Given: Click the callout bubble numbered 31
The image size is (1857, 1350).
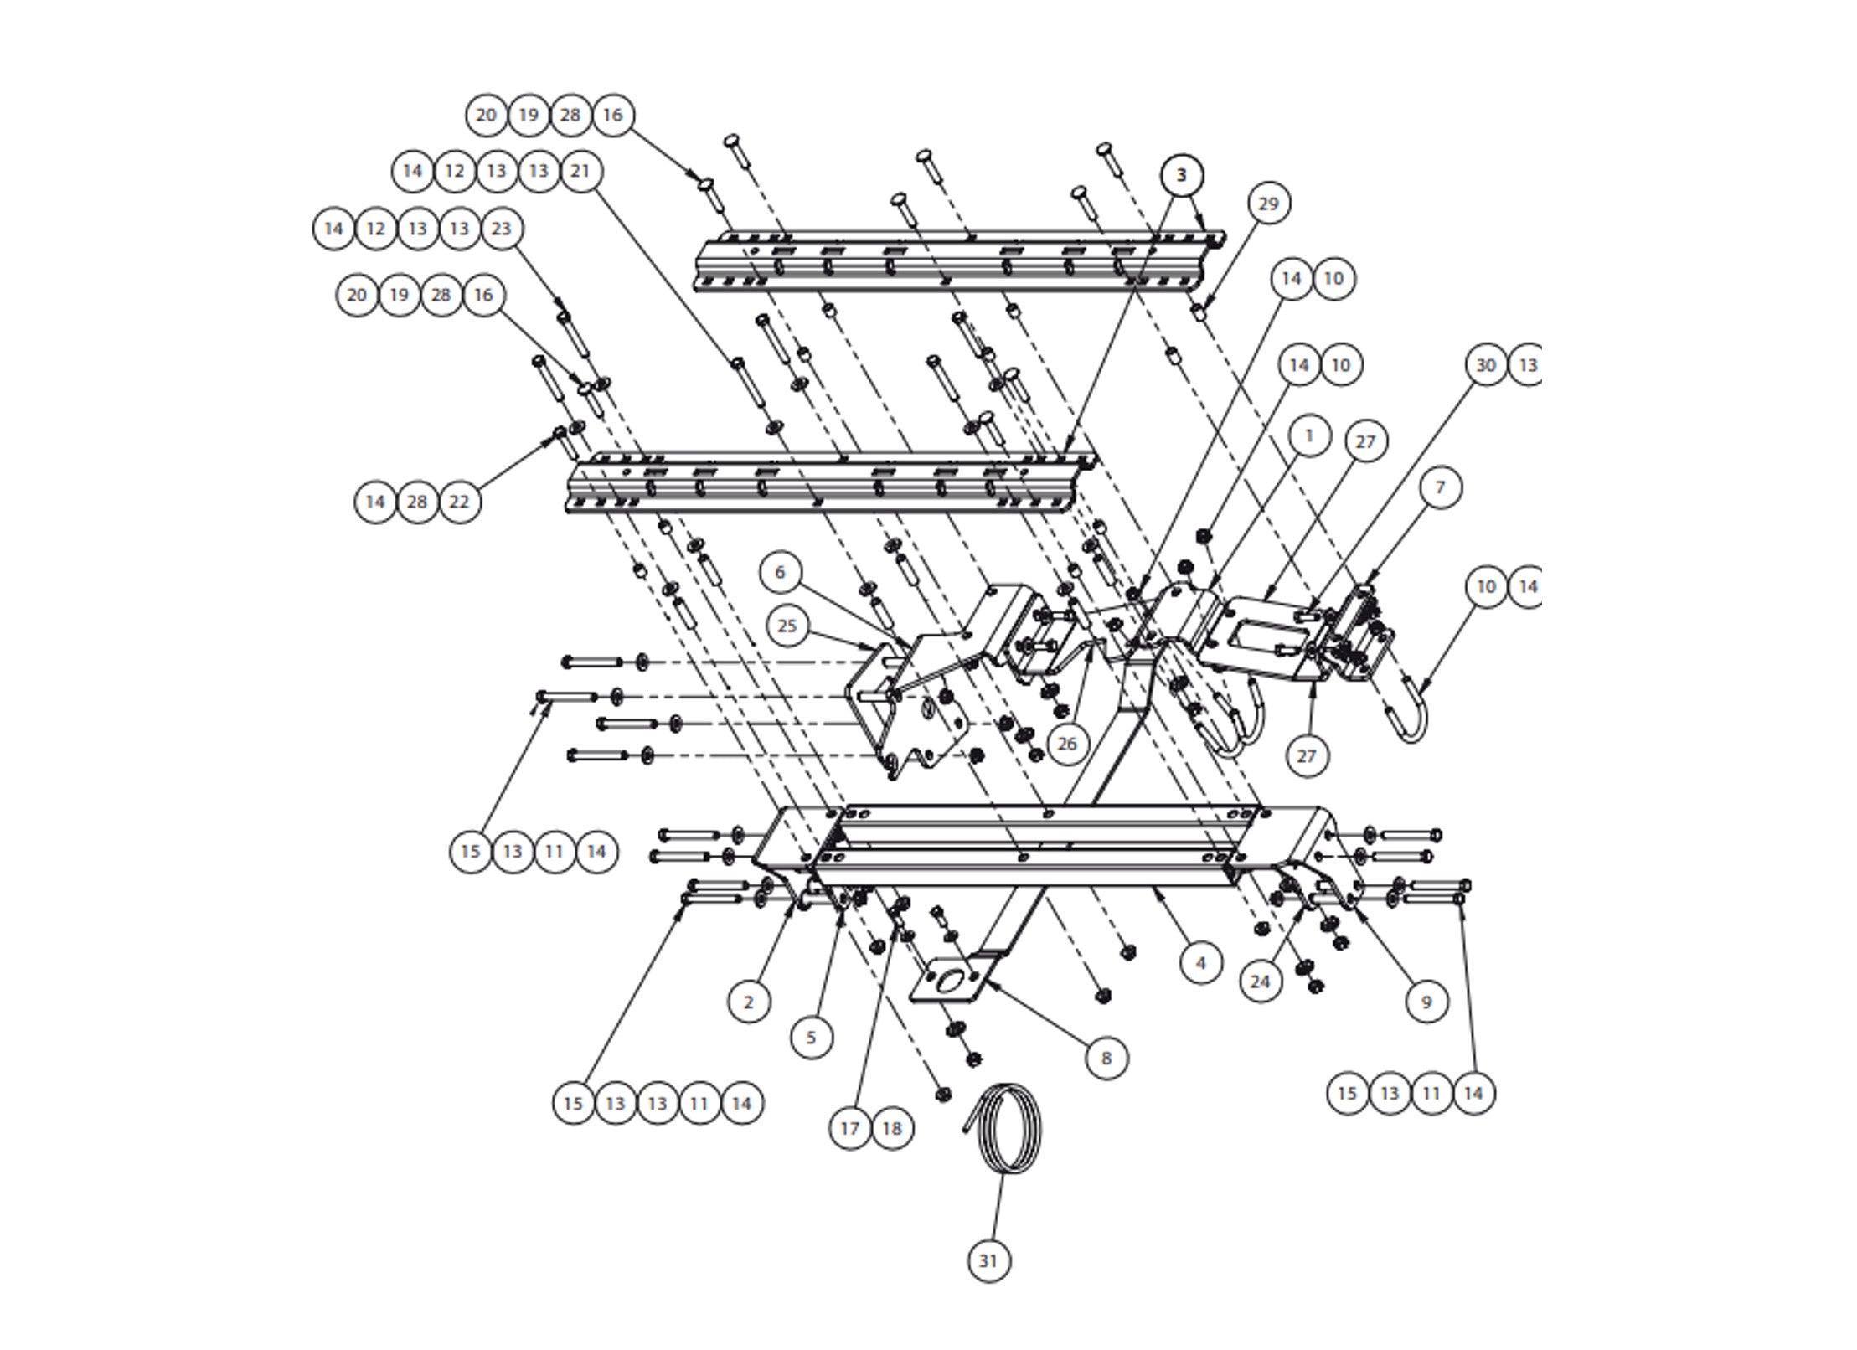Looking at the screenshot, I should click(988, 1284).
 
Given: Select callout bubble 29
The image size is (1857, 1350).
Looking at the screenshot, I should click(1268, 204).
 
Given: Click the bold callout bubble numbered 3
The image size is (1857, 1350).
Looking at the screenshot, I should click(1182, 175).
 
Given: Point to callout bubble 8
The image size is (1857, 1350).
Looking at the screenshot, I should click(1106, 1058).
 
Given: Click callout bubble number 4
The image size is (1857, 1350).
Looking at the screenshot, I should click(1200, 963).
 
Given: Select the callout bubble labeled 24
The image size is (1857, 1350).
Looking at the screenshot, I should click(1260, 982).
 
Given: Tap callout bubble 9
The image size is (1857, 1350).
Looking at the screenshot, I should click(1426, 1001).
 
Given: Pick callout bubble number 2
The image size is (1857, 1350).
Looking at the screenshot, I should click(749, 1002).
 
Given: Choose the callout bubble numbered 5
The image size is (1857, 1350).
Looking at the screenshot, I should click(811, 1038).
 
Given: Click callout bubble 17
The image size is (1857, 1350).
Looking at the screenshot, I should click(849, 1128).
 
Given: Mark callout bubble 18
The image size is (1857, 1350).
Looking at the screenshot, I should click(892, 1128).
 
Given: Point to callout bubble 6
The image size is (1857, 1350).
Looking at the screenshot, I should click(780, 572).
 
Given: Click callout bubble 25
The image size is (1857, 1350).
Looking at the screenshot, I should click(787, 626).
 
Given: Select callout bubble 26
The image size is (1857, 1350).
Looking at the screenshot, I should click(1066, 743).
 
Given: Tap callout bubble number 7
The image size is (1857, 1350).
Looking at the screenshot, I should click(1440, 487).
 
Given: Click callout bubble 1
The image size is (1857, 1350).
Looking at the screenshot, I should click(1308, 435).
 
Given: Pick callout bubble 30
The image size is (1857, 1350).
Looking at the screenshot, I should click(1486, 365).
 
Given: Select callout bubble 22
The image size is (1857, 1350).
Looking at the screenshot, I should click(460, 502).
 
